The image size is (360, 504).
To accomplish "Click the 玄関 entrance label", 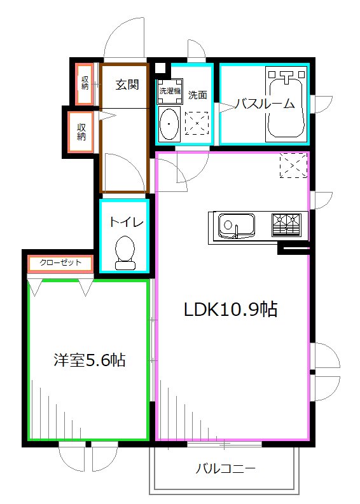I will tap(127, 85).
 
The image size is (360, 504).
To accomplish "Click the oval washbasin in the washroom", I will tap(169, 123).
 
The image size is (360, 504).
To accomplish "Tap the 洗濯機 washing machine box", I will tap(170, 90).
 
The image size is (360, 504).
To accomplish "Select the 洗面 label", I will tap(197, 95).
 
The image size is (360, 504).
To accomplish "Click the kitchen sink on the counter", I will tap(236, 225).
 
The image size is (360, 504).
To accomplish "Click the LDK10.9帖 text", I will tap(230, 310).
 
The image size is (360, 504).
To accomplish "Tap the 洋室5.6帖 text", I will tap(88, 360).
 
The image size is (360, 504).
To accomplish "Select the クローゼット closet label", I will tap(60, 262).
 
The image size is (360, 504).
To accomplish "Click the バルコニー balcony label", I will tap(225, 470).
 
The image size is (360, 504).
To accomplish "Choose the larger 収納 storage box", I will tap(81, 132).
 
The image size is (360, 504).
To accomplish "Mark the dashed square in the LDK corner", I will tap(293, 167).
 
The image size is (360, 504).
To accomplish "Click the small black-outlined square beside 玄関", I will tap(160, 68).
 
